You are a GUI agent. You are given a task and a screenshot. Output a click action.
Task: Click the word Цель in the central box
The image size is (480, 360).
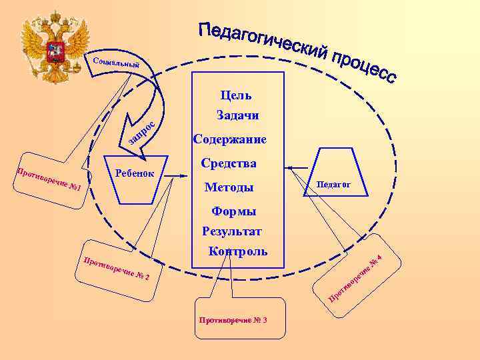click(x=239, y=96)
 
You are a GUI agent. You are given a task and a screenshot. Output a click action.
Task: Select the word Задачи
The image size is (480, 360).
click(x=238, y=116)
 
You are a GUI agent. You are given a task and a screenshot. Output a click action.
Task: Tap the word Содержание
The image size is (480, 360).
click(x=229, y=140)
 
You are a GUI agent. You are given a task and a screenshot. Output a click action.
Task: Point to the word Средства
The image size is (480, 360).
click(x=229, y=163)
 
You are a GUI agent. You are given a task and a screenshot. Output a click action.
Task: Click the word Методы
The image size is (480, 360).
click(x=229, y=187)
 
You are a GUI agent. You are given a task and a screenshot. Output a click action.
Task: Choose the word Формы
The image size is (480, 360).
click(x=233, y=211)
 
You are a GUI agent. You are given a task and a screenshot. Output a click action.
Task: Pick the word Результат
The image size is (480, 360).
click(x=232, y=231)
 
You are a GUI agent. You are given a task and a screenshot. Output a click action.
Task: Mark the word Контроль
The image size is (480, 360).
click(x=237, y=252)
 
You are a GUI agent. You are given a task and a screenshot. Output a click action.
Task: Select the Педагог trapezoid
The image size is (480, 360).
click(x=333, y=183)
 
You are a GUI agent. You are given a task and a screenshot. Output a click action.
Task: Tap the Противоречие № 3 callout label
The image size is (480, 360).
click(x=233, y=321)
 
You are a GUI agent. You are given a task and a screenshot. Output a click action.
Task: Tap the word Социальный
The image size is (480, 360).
click(x=117, y=64)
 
